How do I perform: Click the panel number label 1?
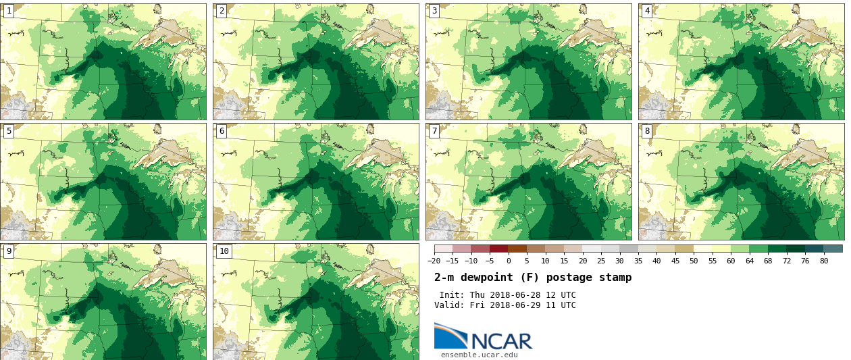tap(9, 11)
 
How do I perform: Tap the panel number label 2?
tap(222, 11)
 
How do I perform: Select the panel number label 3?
tap(434, 11)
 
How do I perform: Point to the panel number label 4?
tap(647, 11)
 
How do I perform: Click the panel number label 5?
tap(9, 131)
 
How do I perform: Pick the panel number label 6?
tap(222, 131)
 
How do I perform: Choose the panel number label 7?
tap(434, 131)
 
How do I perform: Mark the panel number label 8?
tap(647, 131)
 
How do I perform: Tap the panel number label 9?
tap(9, 251)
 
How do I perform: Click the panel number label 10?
tap(224, 251)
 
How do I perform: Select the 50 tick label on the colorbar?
tap(694, 261)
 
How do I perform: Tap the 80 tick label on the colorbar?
tap(824, 261)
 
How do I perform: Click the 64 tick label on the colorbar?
tap(749, 261)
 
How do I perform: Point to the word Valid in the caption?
tap(448, 305)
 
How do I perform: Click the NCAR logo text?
tap(501, 341)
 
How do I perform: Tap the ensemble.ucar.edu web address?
tap(479, 355)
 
